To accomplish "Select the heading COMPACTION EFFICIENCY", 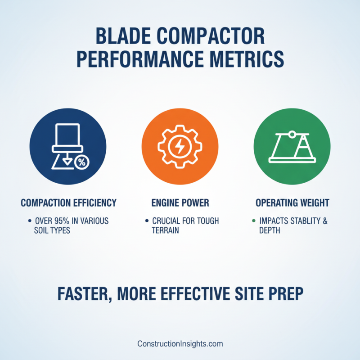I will click(x=68, y=203).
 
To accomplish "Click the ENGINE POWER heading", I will click(x=180, y=203).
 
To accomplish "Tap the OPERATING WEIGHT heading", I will click(x=292, y=203).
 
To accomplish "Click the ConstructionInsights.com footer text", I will click(x=180, y=344).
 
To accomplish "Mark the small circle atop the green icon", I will click(x=292, y=134).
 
